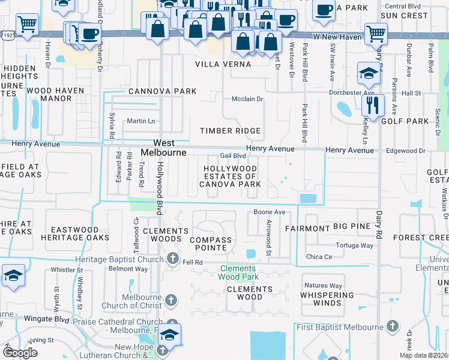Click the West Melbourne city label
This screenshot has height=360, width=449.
pyautogui.click(x=164, y=148)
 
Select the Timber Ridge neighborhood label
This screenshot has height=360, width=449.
pyautogui.click(x=231, y=131)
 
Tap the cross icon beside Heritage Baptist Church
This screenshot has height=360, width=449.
pyautogui.click(x=173, y=259)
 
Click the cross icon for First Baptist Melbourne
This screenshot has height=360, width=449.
pyautogui.click(x=392, y=326)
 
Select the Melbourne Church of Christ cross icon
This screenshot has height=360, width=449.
pyautogui.click(x=170, y=301)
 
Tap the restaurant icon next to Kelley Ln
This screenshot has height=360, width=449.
pyautogui.click(x=373, y=104)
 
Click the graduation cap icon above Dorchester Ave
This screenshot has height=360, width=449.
pyautogui.click(x=368, y=73)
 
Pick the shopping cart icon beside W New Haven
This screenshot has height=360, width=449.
pyautogui.click(x=376, y=34)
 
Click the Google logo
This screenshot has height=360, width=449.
pyautogui.click(x=20, y=352)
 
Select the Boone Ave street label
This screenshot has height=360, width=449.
pyautogui.click(x=269, y=212)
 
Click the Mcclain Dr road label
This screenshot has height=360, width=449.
pyautogui.click(x=248, y=99)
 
